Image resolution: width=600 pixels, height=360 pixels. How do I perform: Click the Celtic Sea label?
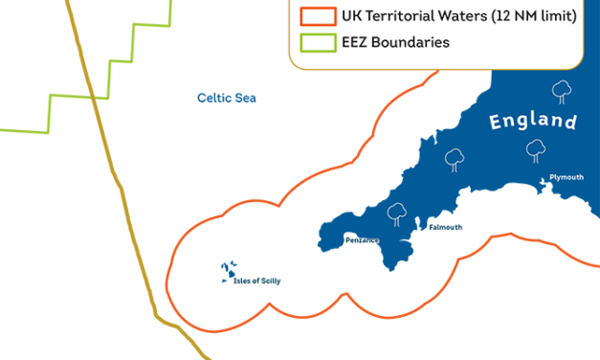[x=227, y=98]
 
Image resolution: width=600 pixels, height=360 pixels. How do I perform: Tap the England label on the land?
[x=533, y=122]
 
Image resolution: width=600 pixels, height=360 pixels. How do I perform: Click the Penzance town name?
[x=363, y=239]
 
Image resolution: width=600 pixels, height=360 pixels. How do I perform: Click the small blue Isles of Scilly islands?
[x=229, y=272]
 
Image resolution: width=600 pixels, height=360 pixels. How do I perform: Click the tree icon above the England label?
[x=562, y=91]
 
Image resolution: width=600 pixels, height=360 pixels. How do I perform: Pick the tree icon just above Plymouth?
[x=536, y=149]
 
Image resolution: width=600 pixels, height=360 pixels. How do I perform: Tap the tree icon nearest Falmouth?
[x=394, y=214]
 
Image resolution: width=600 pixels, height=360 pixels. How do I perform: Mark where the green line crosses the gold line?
[x=92, y=97]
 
